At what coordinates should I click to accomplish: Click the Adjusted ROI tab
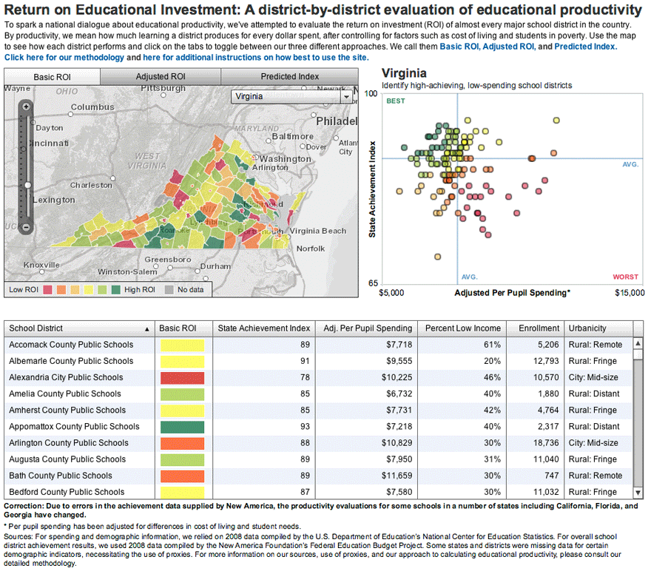[161, 76]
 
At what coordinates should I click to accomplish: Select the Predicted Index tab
[289, 76]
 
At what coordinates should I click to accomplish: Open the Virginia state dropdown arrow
[345, 96]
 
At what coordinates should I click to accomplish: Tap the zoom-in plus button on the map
[26, 107]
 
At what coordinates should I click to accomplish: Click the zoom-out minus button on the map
[26, 227]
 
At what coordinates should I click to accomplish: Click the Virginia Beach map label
[317, 231]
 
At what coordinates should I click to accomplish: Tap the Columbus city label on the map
[92, 107]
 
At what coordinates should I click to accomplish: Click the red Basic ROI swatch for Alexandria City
[181, 377]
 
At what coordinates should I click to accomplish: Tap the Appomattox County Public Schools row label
[74, 427]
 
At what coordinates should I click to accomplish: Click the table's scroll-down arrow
[638, 493]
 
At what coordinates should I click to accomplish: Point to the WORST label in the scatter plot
[625, 277]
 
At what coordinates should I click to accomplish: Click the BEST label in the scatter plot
[396, 101]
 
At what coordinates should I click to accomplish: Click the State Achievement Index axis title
[373, 189]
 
